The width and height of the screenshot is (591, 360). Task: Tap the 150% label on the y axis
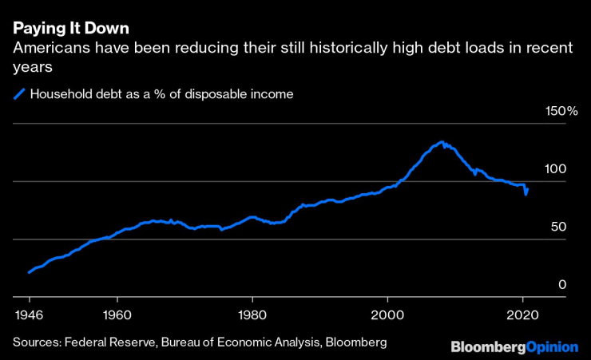pyautogui.click(x=561, y=111)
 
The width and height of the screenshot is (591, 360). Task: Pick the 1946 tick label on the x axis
pyautogui.click(x=29, y=315)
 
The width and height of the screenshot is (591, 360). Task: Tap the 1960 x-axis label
pyautogui.click(x=117, y=315)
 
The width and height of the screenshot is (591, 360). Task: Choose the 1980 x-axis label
pyautogui.click(x=252, y=315)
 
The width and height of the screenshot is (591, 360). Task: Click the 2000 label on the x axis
pyautogui.click(x=387, y=315)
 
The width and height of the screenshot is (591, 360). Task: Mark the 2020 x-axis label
pyautogui.click(x=522, y=315)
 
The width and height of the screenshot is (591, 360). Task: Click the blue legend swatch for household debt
pyautogui.click(x=19, y=94)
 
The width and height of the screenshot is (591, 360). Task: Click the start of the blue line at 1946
pyautogui.click(x=29, y=273)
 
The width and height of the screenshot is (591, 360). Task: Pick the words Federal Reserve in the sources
pyautogui.click(x=111, y=342)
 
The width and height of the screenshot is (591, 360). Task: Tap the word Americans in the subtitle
pyautogui.click(x=49, y=49)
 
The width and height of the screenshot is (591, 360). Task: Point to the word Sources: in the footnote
pyautogui.click(x=37, y=342)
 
